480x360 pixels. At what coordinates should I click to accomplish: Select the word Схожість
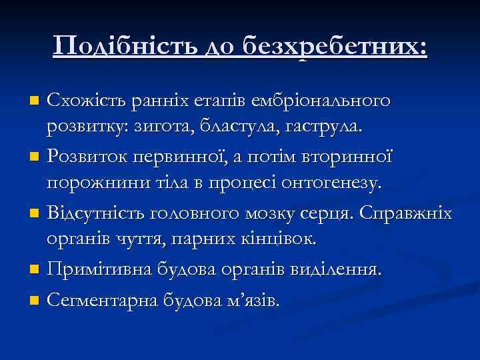[x=81, y=101]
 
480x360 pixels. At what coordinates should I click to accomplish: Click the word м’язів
[x=253, y=301]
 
